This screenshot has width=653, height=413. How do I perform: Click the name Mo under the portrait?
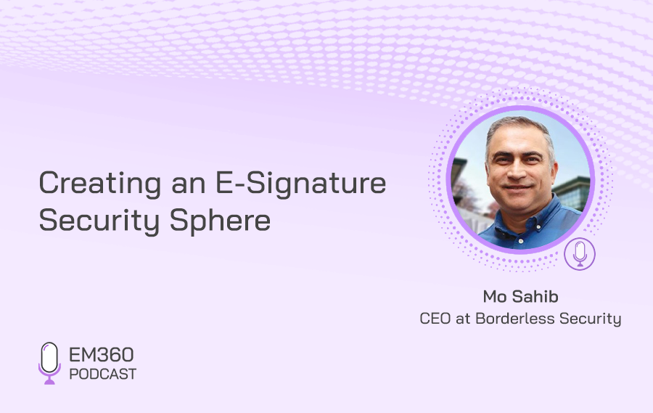[x=494, y=297]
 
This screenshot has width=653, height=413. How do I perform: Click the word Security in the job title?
[x=590, y=319]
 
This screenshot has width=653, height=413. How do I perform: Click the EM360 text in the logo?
[x=101, y=355]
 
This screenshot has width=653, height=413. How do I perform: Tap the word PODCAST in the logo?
[x=102, y=375]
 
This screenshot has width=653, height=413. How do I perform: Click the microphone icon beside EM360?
[x=49, y=363]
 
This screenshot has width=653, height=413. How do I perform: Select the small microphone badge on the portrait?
[x=580, y=254]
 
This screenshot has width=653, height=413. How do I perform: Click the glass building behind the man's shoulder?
[x=572, y=194]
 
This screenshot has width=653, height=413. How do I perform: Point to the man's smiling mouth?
[x=519, y=188]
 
